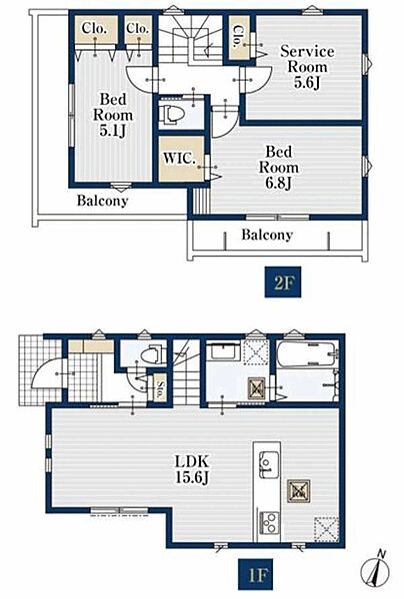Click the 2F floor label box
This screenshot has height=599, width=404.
click(283, 283)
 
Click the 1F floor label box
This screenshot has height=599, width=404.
click(256, 574)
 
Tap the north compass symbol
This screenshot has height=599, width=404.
click(375, 570)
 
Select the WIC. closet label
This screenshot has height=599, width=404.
click(179, 159)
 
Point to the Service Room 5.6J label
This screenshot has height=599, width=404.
click(307, 67)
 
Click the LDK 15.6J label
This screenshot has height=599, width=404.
click(192, 469)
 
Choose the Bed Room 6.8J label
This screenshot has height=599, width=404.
click(279, 168)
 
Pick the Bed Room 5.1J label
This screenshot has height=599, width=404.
click(113, 115)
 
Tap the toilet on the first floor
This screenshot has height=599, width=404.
click(153, 354)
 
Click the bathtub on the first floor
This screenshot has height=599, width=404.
click(307, 353)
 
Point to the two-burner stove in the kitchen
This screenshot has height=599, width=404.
click(269, 522)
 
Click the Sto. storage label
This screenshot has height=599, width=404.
click(160, 388)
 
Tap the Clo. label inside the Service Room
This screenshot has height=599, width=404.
click(239, 36)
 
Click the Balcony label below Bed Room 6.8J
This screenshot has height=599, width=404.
click(267, 235)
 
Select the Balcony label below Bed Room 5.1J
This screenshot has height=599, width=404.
click(102, 201)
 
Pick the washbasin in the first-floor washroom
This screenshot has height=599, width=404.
click(223, 350)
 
